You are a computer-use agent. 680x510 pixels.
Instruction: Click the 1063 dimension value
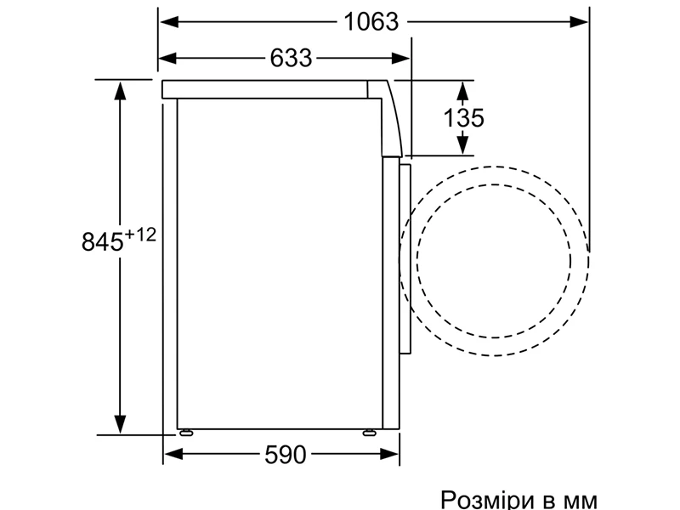click(x=371, y=22)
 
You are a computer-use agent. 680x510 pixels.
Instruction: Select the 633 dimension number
click(x=291, y=58)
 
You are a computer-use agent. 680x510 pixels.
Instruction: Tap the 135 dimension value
click(x=463, y=117)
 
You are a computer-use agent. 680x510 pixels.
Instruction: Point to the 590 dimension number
click(x=286, y=455)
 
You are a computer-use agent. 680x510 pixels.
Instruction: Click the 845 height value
click(x=102, y=241)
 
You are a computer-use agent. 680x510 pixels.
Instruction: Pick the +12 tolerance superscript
click(x=140, y=235)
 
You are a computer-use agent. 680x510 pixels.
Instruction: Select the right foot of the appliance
click(x=370, y=433)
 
